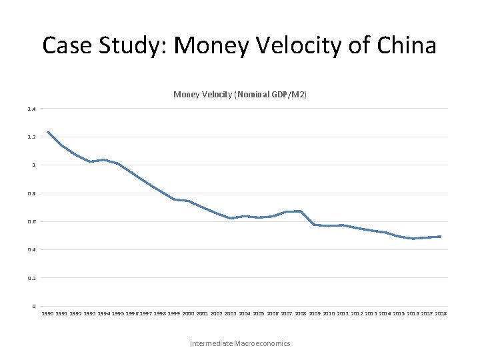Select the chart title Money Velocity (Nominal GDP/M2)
point(240,95)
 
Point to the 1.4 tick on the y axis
point(32,109)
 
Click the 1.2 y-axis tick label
point(32,137)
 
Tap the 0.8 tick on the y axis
point(32,193)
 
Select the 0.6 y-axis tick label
point(32,221)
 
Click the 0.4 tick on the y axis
point(32,249)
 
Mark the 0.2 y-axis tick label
point(32,278)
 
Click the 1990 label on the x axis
point(48,313)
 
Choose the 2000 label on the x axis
point(188,313)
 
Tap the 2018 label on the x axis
point(440,313)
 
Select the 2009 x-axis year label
point(314,313)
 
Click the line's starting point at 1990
point(48,132)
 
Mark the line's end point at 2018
point(440,237)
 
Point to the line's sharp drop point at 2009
point(314,225)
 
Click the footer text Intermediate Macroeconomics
point(240,343)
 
